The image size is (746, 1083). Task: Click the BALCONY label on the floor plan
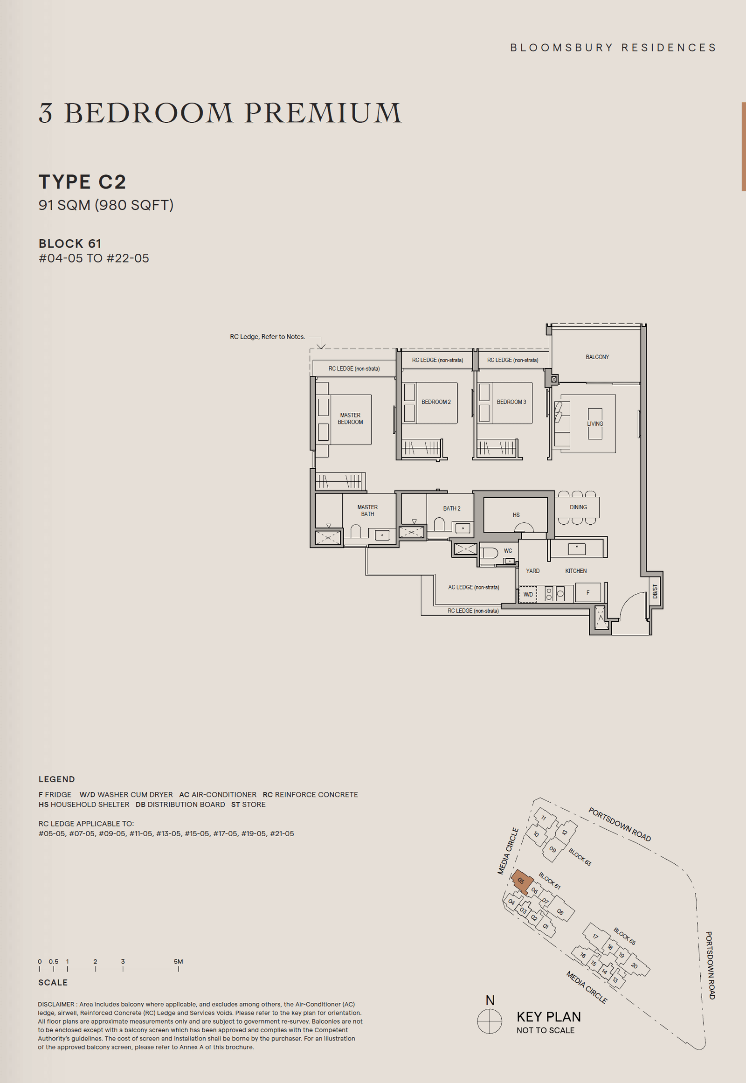point(597,357)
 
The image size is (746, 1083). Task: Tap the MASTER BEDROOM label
point(350,418)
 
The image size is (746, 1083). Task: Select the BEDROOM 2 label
point(435,402)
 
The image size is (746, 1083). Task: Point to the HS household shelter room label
point(516,514)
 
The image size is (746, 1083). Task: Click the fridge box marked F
point(587,592)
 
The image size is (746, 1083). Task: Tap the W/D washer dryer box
point(528,594)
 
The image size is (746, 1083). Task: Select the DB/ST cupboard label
point(655,591)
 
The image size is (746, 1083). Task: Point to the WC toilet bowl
point(489,553)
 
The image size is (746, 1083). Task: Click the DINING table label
point(578,507)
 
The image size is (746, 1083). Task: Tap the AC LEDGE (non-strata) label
point(474,587)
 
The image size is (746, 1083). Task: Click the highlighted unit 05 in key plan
point(522,881)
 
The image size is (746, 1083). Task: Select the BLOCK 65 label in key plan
point(624,936)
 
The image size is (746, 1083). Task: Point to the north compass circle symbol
point(490,1021)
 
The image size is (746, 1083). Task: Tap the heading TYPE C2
point(82,182)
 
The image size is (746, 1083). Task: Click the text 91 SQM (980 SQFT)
point(106,205)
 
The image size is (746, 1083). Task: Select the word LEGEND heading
point(56,779)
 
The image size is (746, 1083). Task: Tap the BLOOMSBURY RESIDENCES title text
point(613,48)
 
